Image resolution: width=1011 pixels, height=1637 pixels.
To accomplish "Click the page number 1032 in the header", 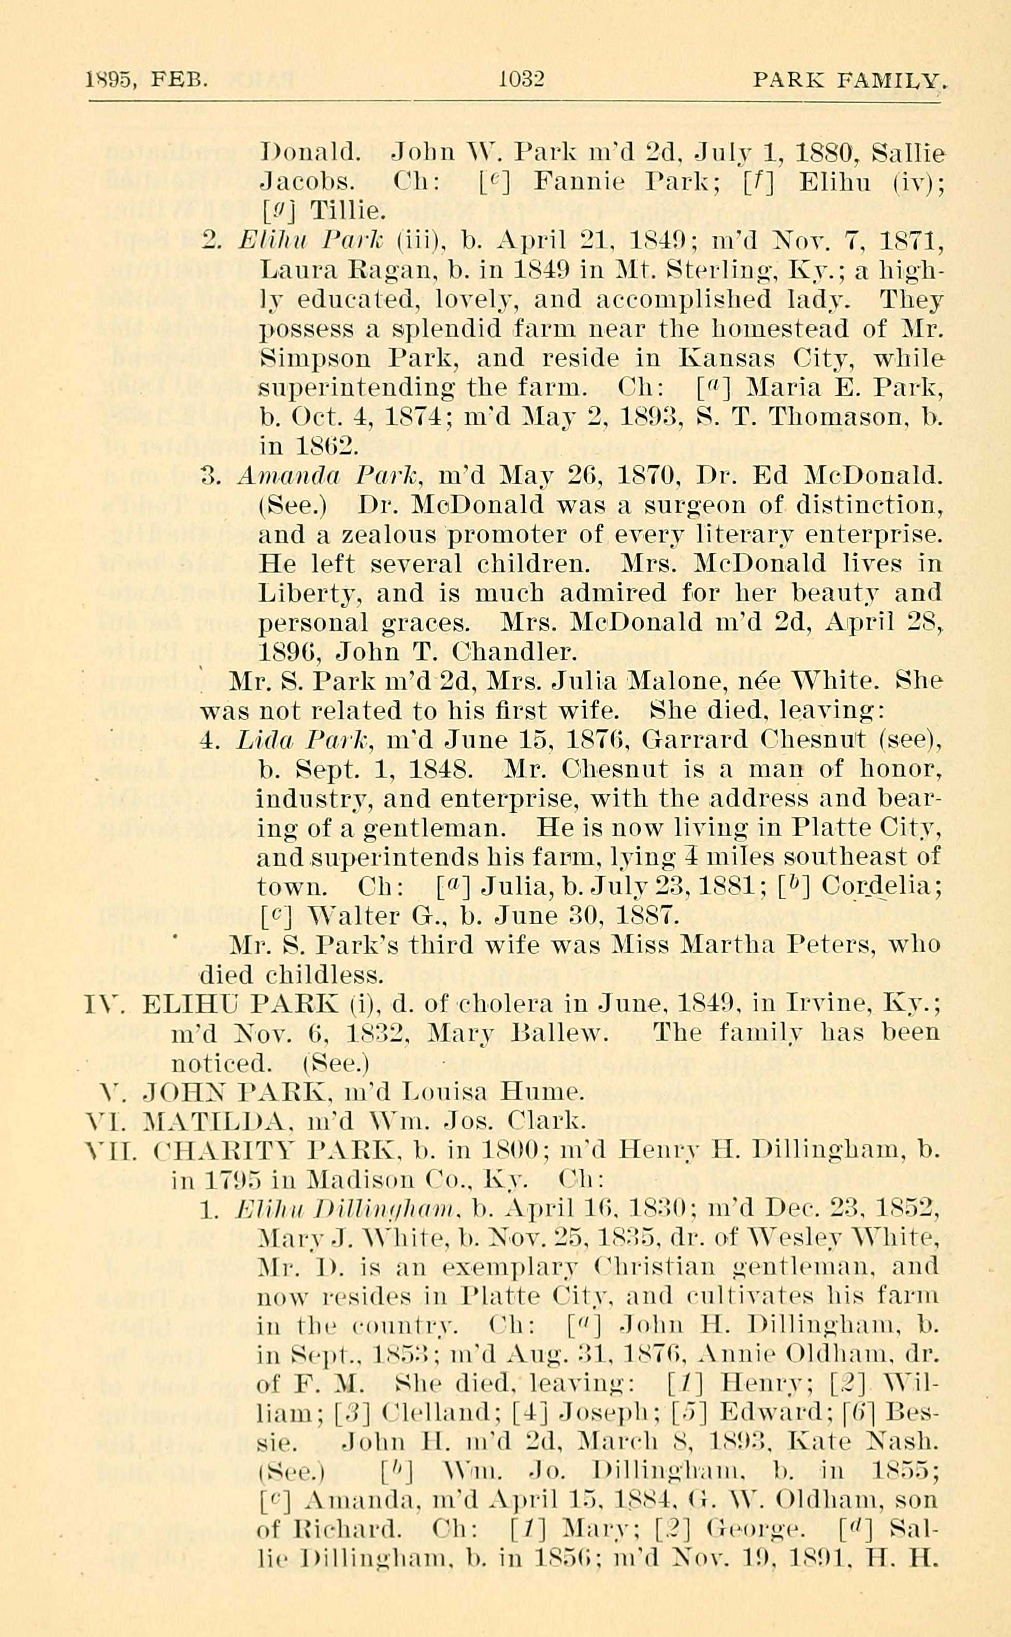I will click(x=522, y=80).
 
